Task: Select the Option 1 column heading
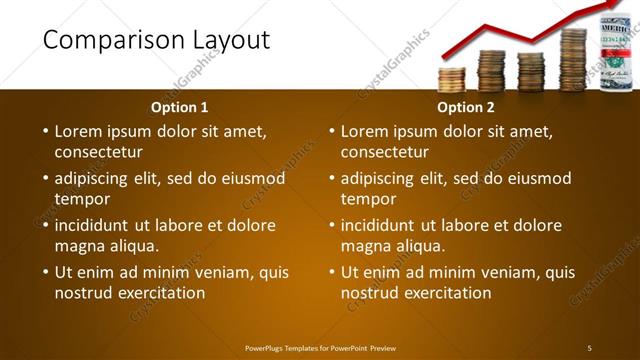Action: (179, 107)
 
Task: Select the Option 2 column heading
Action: (465, 107)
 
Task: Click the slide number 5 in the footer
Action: (589, 348)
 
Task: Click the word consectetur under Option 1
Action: (98, 152)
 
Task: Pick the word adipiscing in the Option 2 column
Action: (378, 179)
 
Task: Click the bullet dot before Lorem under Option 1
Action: (45, 131)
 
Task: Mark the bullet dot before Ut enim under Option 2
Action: (331, 272)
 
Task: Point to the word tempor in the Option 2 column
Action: (368, 198)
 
